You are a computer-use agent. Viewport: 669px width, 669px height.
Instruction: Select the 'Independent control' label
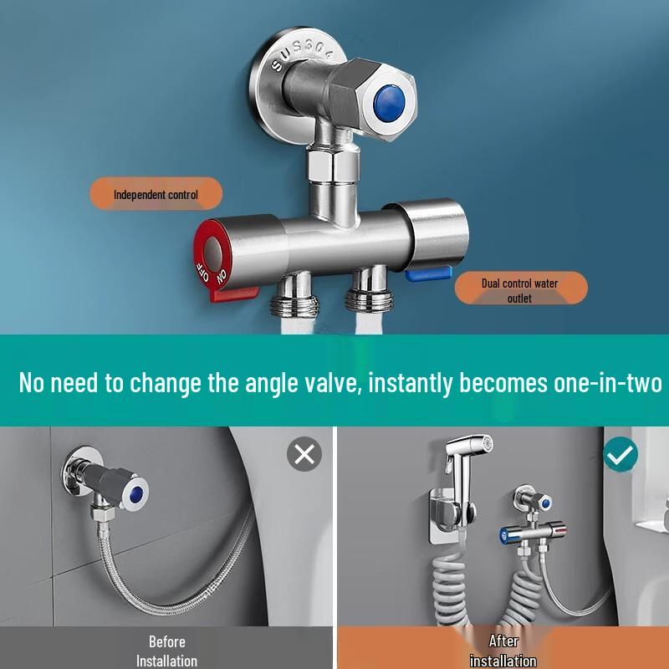156,195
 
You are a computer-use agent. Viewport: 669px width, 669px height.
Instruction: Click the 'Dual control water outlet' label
520,289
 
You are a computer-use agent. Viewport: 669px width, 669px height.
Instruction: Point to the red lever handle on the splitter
234,294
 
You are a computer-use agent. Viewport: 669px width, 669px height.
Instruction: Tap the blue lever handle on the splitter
428,274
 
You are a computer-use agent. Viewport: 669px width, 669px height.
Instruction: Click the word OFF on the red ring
202,272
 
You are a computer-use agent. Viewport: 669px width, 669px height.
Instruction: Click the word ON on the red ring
221,277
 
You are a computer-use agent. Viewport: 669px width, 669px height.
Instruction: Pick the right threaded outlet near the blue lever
369,289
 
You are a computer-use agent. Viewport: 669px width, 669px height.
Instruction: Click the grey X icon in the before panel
304,454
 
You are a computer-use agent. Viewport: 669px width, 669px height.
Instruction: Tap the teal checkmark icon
620,455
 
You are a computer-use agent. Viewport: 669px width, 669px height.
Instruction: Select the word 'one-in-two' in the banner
608,382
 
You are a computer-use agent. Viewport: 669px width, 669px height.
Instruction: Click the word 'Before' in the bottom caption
166,641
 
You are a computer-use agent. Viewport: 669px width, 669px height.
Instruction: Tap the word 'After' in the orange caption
503,641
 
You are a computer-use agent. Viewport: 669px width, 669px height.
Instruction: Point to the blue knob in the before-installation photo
135,494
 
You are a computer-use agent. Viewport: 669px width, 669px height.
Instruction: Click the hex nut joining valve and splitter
333,165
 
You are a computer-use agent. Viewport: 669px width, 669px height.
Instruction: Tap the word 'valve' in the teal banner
331,382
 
